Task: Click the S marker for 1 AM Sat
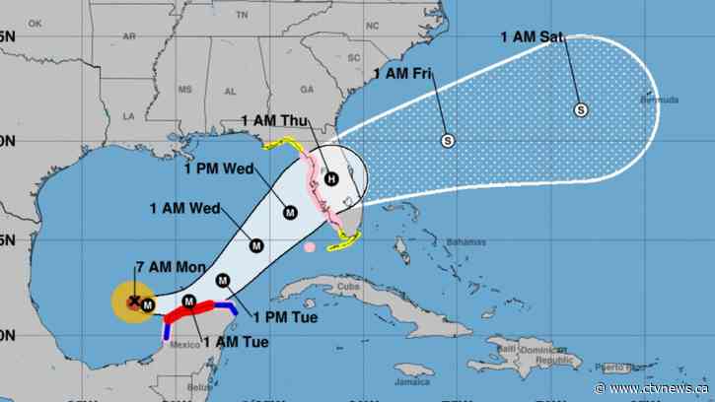pos(581,109)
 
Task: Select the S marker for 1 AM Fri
pos(448,141)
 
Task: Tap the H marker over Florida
pos(331,178)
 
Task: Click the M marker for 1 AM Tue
pos(189,301)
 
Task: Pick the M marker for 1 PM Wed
pos(290,211)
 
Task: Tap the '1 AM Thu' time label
pos(275,120)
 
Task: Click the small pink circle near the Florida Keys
pos(310,247)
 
